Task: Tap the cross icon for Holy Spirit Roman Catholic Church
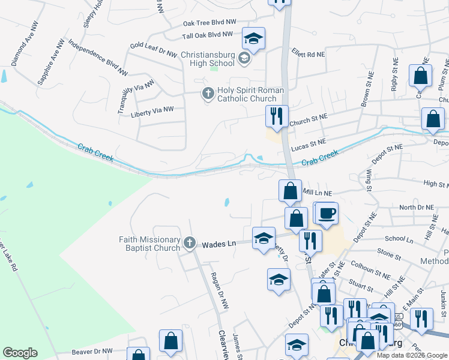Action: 208,93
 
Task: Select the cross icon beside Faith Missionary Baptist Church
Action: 189,242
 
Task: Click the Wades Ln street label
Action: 216,244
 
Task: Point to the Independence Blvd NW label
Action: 98,58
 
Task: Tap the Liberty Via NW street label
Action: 152,110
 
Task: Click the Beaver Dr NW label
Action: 91,351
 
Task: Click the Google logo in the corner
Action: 20,353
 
